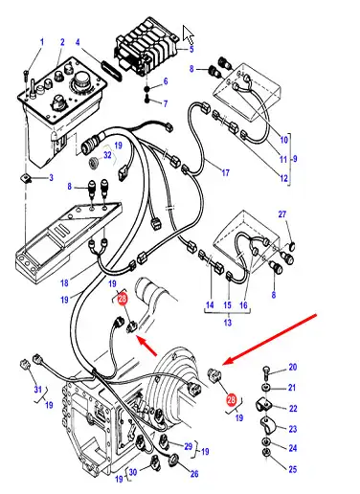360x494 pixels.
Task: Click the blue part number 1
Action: tap(42, 42)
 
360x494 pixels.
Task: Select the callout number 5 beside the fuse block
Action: tap(191, 49)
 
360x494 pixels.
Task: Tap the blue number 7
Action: tap(166, 103)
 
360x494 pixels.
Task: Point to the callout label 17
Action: tap(226, 172)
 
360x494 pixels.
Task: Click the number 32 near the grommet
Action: tap(107, 155)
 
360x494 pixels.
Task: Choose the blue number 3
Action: tap(51, 178)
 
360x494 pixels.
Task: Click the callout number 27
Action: tap(282, 214)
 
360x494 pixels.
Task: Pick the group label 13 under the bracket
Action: tap(227, 323)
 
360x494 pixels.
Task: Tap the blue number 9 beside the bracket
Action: tap(295, 158)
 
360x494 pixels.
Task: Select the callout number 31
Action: tap(38, 390)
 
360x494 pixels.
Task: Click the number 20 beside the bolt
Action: tap(293, 368)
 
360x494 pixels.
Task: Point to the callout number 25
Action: tap(293, 469)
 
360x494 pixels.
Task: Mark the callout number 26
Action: tap(194, 474)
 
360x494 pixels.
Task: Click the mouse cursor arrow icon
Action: tap(189, 34)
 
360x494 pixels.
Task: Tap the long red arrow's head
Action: tap(225, 362)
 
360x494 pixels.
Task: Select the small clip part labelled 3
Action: tap(25, 178)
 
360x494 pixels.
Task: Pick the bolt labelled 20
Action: tap(266, 373)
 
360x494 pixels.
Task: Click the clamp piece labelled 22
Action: tap(263, 405)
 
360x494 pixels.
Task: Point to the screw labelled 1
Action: tap(26, 76)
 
